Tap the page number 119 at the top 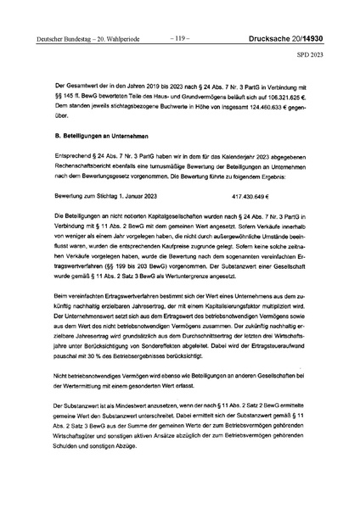click(180, 37)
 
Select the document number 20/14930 click(301, 37)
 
